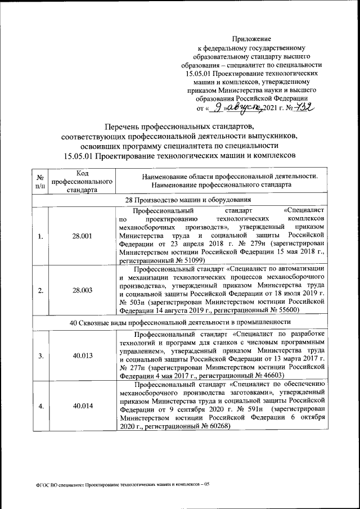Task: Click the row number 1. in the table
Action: click(40, 236)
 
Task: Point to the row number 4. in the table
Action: click(40, 406)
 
